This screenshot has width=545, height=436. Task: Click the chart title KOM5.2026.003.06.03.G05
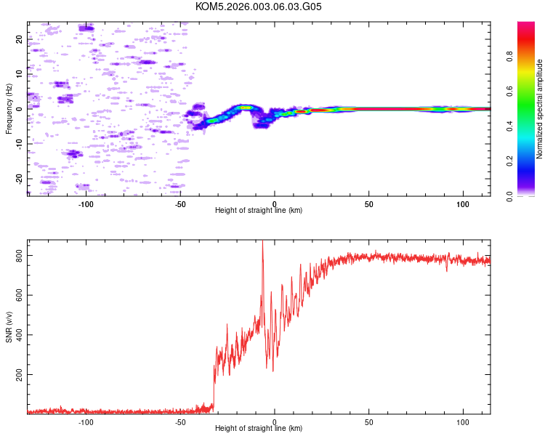[x=259, y=7]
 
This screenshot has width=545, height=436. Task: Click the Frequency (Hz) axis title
[x=9, y=108]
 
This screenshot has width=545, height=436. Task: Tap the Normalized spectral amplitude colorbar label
[x=539, y=109]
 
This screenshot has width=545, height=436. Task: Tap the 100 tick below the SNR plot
[x=463, y=421]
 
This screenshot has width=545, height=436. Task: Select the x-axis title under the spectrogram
[x=259, y=211]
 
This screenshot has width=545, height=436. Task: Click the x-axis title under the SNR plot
[x=259, y=429]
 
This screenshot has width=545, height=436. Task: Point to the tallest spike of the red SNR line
[x=262, y=243]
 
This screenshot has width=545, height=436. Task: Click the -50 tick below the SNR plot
[x=180, y=421]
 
